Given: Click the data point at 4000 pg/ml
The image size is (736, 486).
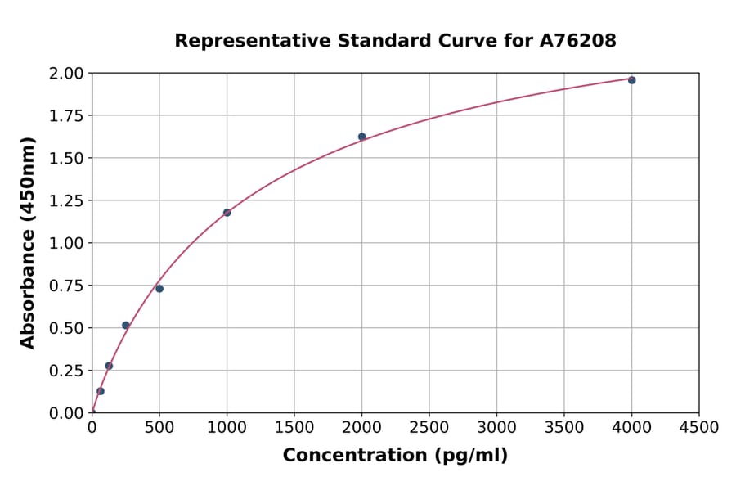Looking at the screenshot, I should [631, 80].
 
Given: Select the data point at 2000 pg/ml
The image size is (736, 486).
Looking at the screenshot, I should [361, 137].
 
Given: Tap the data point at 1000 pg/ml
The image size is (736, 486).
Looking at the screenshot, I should [227, 213].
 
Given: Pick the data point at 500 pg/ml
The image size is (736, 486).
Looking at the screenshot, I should [159, 289].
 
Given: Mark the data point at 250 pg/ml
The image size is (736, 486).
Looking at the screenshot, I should [126, 325].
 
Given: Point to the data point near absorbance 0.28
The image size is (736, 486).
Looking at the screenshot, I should [109, 366].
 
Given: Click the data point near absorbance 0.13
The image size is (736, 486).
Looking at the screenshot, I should [101, 391].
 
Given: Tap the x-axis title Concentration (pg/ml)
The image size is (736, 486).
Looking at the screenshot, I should [395, 456].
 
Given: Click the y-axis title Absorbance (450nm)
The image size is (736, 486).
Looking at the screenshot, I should [28, 243].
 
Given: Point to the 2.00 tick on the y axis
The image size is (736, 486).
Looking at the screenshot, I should [65, 74].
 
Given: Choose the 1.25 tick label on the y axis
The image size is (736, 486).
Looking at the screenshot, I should [65, 201].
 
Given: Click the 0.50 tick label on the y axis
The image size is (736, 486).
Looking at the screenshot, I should [65, 328].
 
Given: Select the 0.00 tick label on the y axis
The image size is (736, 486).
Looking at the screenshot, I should [65, 413].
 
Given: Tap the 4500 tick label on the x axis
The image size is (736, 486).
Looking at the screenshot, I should [699, 427].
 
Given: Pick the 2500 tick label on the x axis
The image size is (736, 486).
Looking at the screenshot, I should [429, 427].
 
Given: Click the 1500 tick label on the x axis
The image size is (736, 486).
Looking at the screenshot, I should [294, 427].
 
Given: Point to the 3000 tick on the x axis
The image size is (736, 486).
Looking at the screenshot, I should [496, 427].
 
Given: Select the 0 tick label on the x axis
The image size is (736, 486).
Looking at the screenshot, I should [92, 427].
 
